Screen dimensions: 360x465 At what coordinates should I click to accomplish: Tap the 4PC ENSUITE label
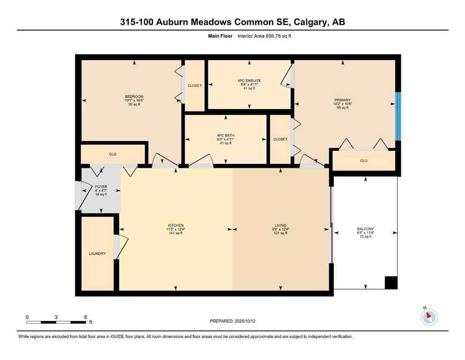tap(249, 81)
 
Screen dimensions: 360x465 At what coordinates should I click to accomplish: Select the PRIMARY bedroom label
tap(343, 100)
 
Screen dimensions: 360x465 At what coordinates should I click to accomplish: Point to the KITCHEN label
tap(176, 225)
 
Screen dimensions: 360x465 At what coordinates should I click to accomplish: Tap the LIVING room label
tap(281, 225)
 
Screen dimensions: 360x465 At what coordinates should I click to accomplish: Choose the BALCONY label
tap(365, 229)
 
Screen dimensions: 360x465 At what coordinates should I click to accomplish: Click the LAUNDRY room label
tap(97, 254)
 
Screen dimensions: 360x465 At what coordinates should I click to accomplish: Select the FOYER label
tap(101, 187)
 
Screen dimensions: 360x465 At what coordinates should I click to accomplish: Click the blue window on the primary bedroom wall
tap(398, 116)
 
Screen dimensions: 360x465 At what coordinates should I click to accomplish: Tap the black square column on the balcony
tap(391, 283)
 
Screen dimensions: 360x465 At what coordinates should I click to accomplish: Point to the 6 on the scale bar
tap(85, 317)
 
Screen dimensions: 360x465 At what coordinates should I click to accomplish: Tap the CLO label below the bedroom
tap(113, 154)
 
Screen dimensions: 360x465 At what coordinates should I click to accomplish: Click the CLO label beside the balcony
tap(364, 161)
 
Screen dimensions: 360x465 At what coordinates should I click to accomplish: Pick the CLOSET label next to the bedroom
tap(194, 86)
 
